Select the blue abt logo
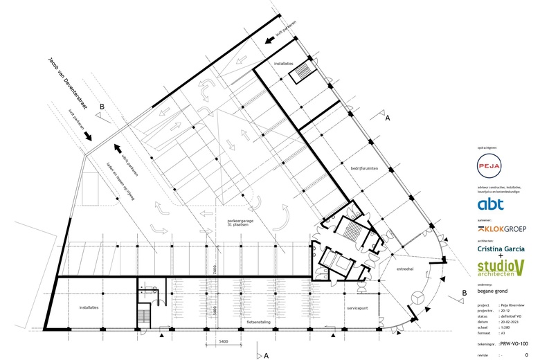pos(491,204)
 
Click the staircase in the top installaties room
pos(303,73)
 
